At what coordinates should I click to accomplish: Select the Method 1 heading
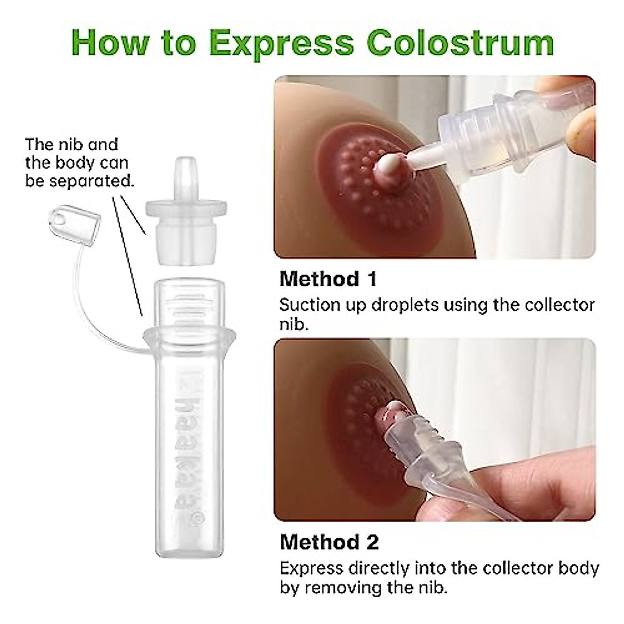(x=328, y=279)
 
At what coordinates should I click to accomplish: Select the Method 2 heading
(x=329, y=542)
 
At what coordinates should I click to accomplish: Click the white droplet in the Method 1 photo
(x=386, y=166)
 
